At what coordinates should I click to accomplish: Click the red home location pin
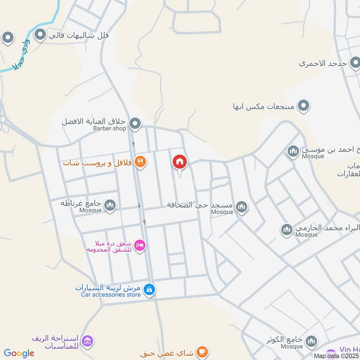pyautogui.click(x=180, y=162)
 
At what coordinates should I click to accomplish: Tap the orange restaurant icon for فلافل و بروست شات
pyautogui.click(x=140, y=162)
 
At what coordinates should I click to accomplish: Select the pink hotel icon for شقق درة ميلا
pyautogui.click(x=140, y=245)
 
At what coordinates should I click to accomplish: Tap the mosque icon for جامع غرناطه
pyautogui.click(x=110, y=206)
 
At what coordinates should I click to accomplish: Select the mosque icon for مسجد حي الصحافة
pyautogui.click(x=242, y=207)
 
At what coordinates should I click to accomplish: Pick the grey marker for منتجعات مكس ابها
pyautogui.click(x=304, y=106)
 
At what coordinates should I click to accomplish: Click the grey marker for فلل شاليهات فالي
pyautogui.click(x=40, y=35)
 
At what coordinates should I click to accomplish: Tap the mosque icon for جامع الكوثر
pyautogui.click(x=311, y=342)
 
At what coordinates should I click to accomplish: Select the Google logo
pyautogui.click(x=19, y=353)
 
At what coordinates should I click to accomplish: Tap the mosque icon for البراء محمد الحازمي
pyautogui.click(x=287, y=230)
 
